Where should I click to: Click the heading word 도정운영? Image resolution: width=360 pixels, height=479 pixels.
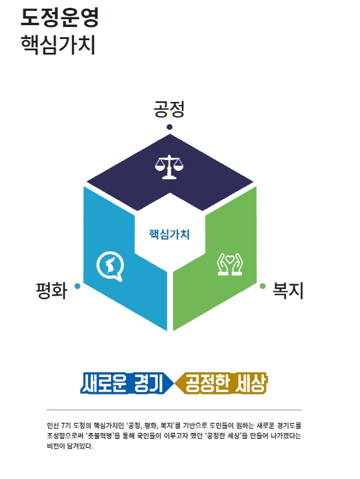click(60, 17)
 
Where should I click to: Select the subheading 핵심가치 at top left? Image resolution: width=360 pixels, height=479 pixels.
click(58, 45)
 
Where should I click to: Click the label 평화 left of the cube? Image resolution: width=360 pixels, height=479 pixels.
click(52, 290)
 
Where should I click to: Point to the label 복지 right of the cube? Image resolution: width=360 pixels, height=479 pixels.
click(288, 290)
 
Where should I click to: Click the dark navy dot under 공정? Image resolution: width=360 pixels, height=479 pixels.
click(169, 126)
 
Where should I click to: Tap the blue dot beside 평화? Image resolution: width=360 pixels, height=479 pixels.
click(77, 286)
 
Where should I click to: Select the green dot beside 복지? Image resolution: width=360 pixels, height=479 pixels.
click(262, 286)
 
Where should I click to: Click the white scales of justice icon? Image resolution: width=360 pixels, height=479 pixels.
click(169, 167)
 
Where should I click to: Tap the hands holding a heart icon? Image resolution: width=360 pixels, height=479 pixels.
click(230, 264)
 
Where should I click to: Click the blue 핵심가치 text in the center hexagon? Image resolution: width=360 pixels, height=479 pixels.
click(169, 234)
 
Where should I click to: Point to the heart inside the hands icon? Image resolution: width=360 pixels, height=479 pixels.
click(230, 259)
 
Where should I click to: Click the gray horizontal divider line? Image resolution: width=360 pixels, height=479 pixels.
click(174, 409)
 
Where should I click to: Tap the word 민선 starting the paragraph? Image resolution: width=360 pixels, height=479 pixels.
click(53, 425)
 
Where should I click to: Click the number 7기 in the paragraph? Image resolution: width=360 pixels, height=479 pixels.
click(66, 425)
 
